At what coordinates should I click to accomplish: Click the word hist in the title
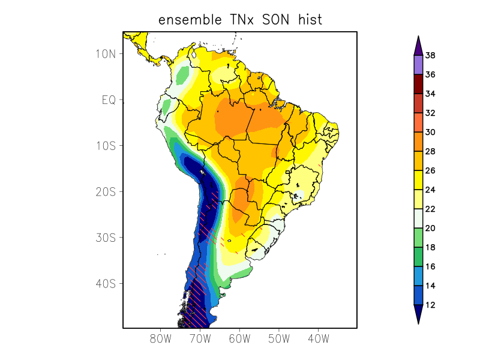[309, 20]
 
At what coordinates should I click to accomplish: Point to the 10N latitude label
[106, 53]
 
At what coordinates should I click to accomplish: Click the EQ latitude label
[109, 100]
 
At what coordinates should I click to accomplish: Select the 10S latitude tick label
[106, 146]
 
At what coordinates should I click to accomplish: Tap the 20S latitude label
[106, 191]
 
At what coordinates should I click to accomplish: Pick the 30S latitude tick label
[106, 238]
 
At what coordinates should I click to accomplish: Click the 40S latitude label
[106, 283]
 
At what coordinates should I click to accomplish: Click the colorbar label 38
[430, 56]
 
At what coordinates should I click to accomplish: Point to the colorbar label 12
[430, 305]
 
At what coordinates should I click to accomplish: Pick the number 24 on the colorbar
[430, 190]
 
